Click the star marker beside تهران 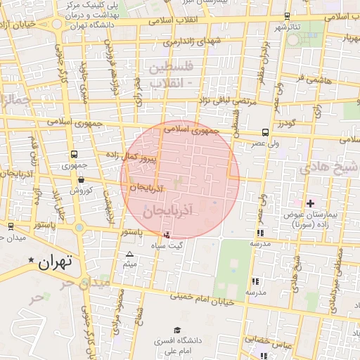coord(30,261)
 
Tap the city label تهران coord(56,263)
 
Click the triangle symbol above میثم coord(129,255)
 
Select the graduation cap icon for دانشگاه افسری coord(176,330)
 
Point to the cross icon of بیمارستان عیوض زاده coord(310,203)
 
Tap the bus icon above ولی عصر coord(264,132)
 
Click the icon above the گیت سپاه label coord(166,235)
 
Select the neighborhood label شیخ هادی coord(329,167)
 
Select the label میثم coord(129,264)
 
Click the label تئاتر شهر coord(287,27)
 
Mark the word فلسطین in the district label coord(169,68)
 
